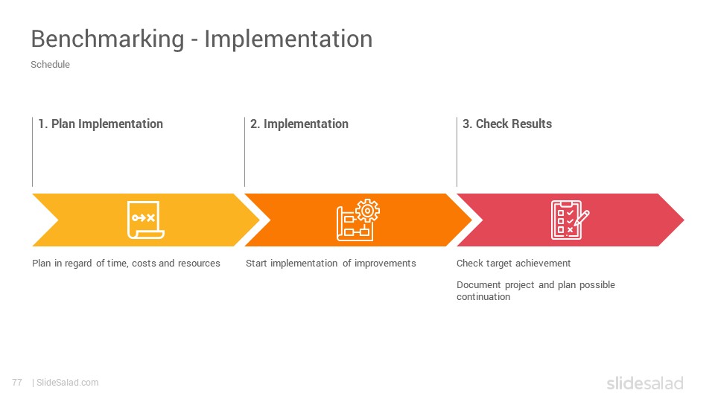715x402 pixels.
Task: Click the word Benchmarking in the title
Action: tap(107, 39)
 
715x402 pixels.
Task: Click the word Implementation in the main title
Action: tap(288, 39)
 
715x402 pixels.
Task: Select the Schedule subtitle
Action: tap(50, 64)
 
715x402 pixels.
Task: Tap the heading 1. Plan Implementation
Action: tap(101, 124)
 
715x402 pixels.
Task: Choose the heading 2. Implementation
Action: tap(299, 124)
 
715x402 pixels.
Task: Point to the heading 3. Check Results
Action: tap(507, 124)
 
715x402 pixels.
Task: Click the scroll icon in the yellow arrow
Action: tap(145, 220)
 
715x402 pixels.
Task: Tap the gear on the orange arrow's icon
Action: tap(367, 211)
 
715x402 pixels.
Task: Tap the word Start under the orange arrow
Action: tap(256, 264)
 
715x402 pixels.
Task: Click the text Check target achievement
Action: tap(513, 264)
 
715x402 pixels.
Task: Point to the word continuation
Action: tap(483, 297)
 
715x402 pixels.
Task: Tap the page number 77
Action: tap(17, 383)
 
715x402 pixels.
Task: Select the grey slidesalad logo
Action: tap(645, 383)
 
